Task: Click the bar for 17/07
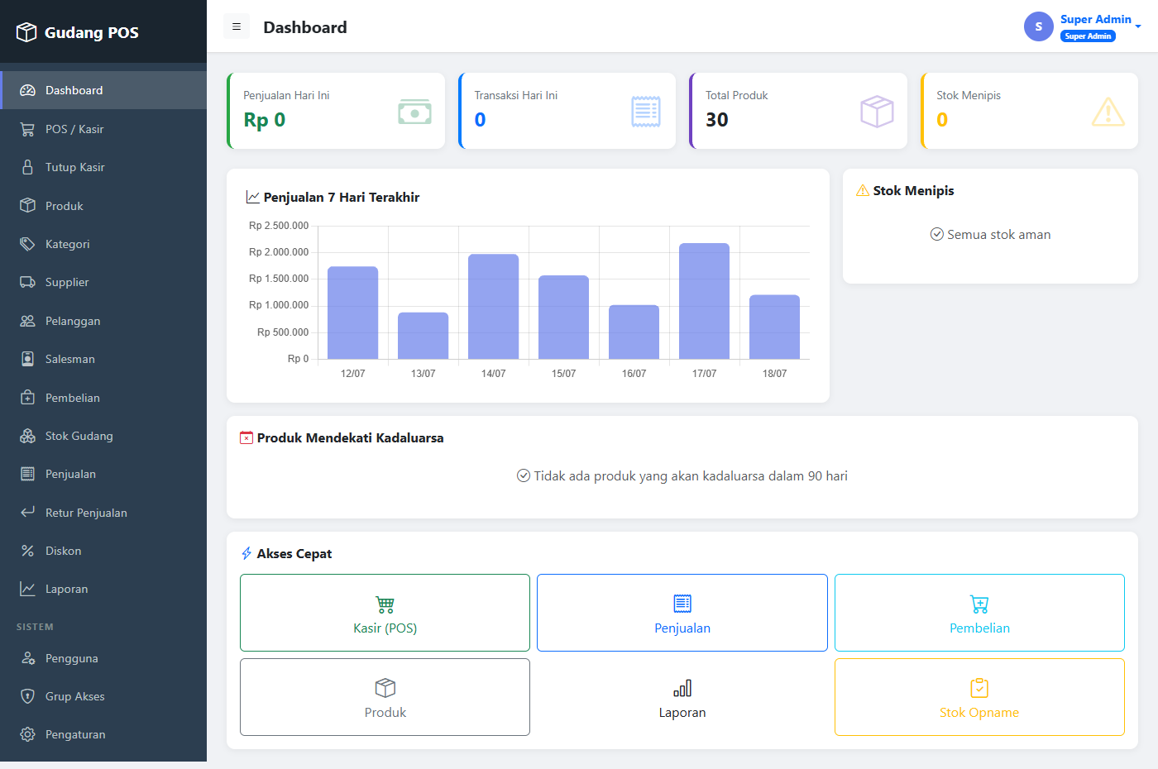click(704, 301)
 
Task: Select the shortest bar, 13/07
click(423, 336)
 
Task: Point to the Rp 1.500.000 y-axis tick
click(279, 279)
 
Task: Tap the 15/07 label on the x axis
click(563, 373)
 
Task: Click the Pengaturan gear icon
click(27, 734)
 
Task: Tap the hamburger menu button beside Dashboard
click(237, 26)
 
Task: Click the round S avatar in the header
click(1039, 26)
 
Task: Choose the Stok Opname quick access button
click(979, 696)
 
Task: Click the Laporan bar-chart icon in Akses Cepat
click(682, 688)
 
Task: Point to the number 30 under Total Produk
click(717, 120)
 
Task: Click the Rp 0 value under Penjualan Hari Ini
click(264, 120)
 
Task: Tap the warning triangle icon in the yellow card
click(1108, 112)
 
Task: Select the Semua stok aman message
click(990, 235)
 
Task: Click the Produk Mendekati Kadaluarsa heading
click(350, 437)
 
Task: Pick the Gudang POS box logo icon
click(26, 32)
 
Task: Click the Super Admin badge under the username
click(1088, 36)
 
